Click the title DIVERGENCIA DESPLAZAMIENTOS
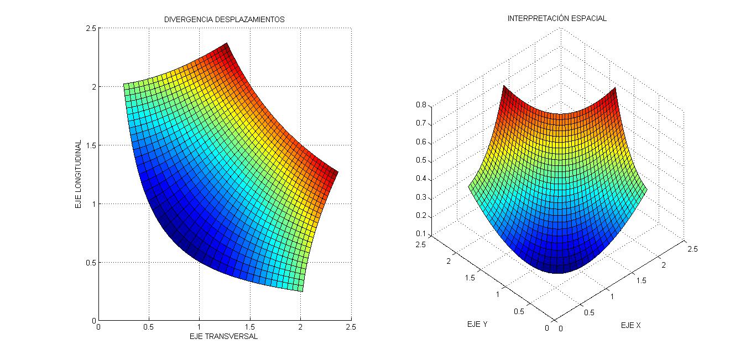click(x=224, y=19)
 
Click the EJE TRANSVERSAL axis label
click(x=223, y=336)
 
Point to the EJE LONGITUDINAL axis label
click(x=79, y=174)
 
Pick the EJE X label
click(x=630, y=325)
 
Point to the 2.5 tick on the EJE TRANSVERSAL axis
click(x=351, y=327)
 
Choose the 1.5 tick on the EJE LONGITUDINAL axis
click(x=90, y=145)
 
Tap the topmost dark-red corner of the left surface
click(x=226, y=44)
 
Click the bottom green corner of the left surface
click(x=302, y=290)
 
